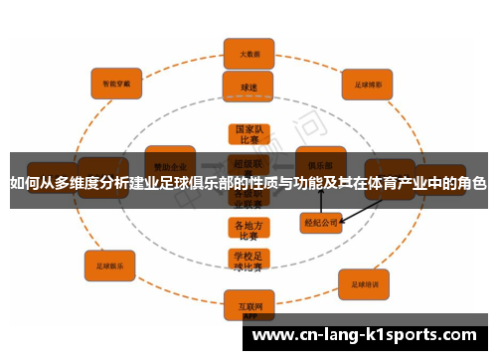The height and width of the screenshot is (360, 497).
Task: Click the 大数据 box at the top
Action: pos(248,53)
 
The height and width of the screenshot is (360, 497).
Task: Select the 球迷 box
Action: pos(248,87)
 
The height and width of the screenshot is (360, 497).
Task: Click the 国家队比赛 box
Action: pos(248,135)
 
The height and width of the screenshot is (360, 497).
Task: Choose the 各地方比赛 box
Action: pos(248,231)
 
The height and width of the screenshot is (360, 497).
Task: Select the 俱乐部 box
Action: pos(320,164)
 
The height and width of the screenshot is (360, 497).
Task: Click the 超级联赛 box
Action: pos(248,164)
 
